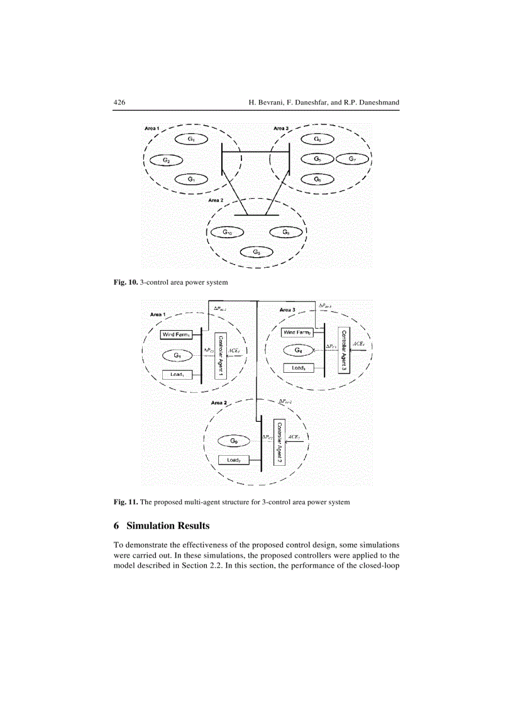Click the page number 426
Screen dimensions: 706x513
pyautogui.click(x=119, y=102)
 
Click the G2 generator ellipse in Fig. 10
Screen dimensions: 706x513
pyautogui.click(x=167, y=160)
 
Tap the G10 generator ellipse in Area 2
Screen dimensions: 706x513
pyautogui.click(x=227, y=233)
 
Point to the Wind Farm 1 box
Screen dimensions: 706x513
pyautogui.click(x=176, y=334)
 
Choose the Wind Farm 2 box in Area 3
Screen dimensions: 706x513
pyautogui.click(x=297, y=332)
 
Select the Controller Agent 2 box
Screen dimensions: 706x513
pyautogui.click(x=279, y=441)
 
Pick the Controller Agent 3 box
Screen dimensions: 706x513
pyautogui.click(x=343, y=350)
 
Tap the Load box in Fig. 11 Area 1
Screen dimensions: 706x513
pyautogui.click(x=177, y=375)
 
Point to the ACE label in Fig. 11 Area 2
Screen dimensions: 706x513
pyautogui.click(x=294, y=436)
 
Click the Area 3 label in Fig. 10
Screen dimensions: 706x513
pyautogui.click(x=281, y=129)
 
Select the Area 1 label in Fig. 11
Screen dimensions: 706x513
pyautogui.click(x=158, y=314)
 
